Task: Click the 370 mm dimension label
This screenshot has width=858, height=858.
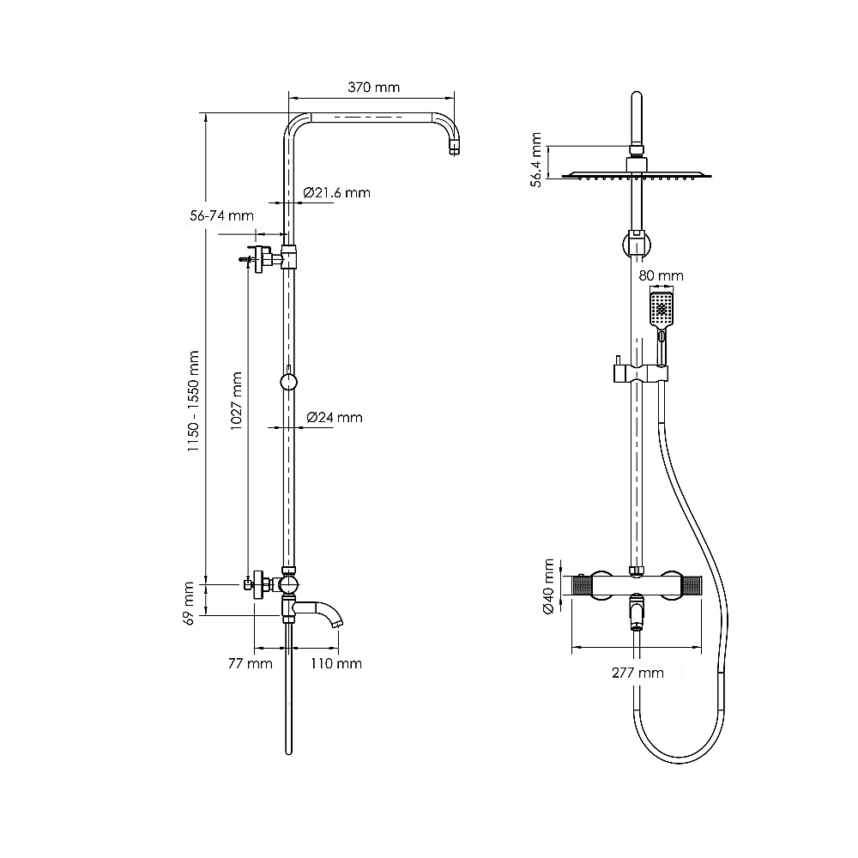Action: coord(374,87)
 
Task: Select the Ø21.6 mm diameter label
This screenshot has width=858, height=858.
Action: coord(336,192)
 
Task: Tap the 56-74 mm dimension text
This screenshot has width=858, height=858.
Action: coord(221,215)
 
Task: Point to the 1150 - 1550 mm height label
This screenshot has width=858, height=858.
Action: coord(193,401)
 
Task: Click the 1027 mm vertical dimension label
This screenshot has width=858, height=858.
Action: coord(237,401)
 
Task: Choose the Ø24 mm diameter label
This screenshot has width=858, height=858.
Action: coord(335,418)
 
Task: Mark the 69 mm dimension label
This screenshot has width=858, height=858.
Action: coord(189,603)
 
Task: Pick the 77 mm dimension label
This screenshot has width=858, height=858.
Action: coord(250,664)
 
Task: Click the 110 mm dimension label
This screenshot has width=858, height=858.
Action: coord(336,664)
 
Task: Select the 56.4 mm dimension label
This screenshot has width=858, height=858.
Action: coord(536,160)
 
